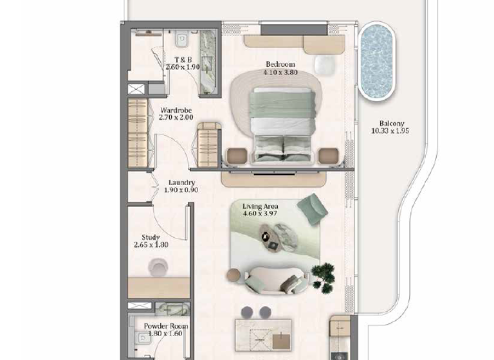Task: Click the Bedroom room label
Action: pyautogui.click(x=280, y=64)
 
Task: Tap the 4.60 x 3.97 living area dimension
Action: pyautogui.click(x=261, y=214)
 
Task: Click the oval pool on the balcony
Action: pyautogui.click(x=376, y=62)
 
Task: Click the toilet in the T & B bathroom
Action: pyautogui.click(x=182, y=40)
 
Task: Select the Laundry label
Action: pyautogui.click(x=181, y=183)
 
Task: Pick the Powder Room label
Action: pyautogui.click(x=166, y=326)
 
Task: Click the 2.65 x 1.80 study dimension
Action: pyautogui.click(x=151, y=245)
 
